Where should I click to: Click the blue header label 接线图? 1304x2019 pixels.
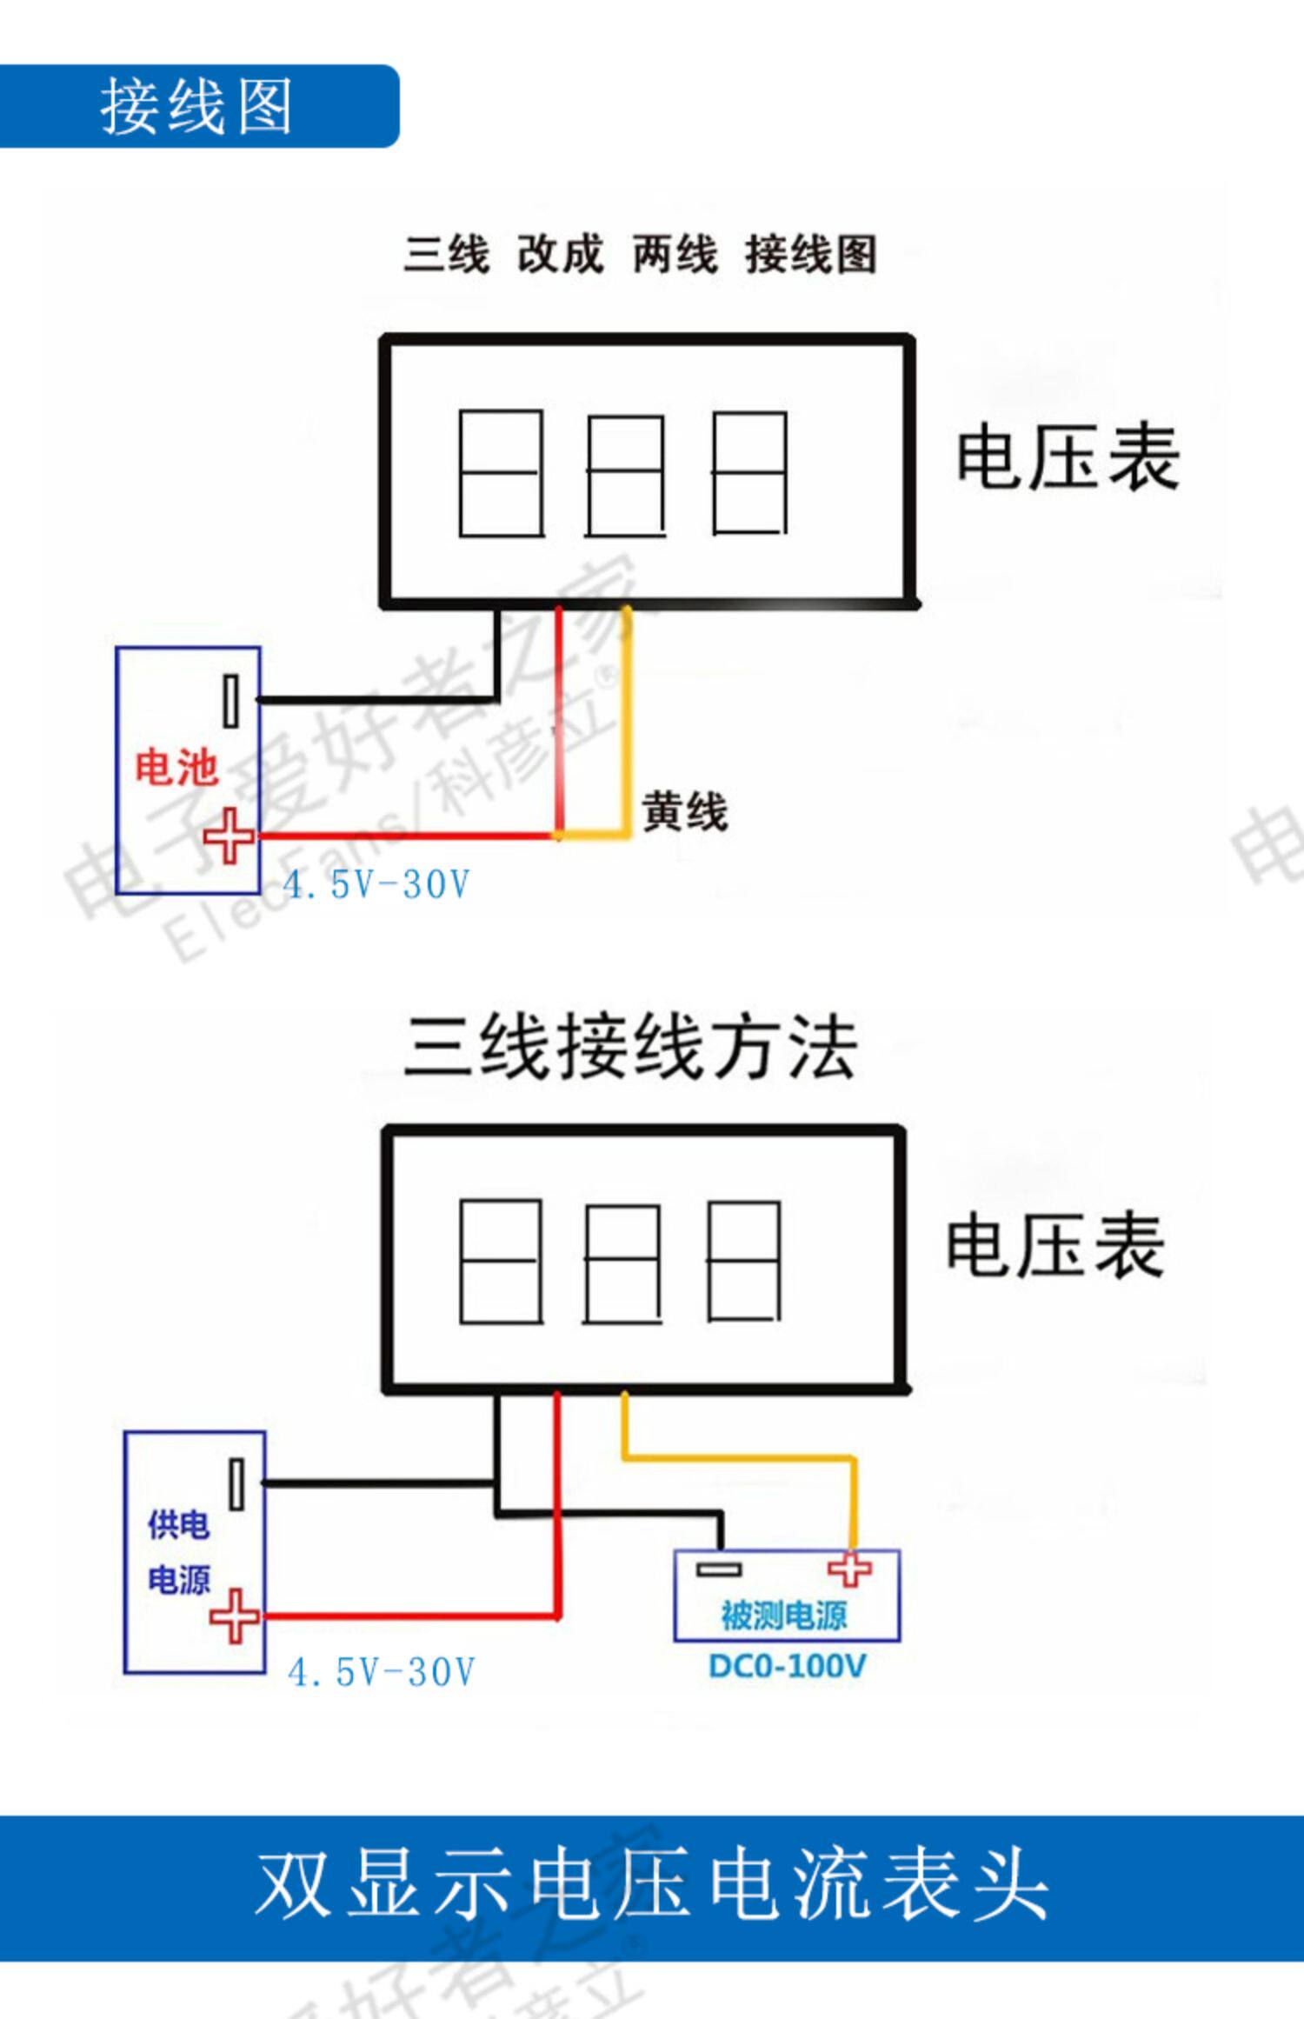coord(196,106)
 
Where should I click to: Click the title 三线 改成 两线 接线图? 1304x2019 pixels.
coord(640,254)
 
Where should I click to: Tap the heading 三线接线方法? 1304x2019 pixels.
coord(631,1048)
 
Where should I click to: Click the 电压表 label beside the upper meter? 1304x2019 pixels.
coord(1068,458)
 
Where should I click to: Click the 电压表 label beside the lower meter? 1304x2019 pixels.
coord(1055,1247)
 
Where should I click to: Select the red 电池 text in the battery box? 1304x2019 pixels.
coord(176,768)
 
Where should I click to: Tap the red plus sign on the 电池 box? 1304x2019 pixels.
coord(229,836)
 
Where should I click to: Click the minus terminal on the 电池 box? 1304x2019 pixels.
coord(230,701)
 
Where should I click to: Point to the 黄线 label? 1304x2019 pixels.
coord(684,812)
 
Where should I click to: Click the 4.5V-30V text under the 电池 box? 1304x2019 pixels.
coord(376,885)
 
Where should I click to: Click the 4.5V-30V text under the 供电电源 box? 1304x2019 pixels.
coord(382,1672)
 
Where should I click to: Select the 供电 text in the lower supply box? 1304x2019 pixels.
coord(179,1525)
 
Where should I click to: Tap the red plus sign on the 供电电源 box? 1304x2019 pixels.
coord(235,1616)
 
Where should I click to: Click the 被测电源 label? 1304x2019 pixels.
coord(783,1616)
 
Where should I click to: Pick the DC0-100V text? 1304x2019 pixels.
coord(787,1666)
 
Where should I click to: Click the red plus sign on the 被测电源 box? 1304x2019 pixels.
coord(849,1569)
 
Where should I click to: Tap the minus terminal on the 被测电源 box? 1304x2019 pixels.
coord(719,1569)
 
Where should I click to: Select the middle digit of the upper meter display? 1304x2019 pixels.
coord(626,475)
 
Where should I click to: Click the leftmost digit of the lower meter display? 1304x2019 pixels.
coord(501,1262)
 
